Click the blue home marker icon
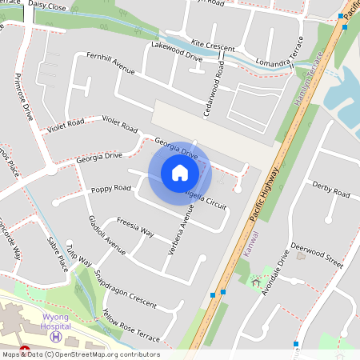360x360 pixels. pos(179,172)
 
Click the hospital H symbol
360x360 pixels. pos(55,337)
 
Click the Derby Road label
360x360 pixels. pos(330,190)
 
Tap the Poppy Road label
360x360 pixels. pos(110,189)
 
